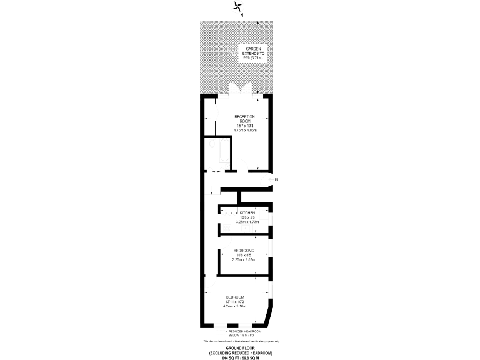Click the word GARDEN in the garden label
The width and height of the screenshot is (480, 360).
coord(253,48)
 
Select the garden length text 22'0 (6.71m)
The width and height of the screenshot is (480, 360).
coord(253,57)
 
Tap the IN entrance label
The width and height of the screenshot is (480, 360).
coord(276,180)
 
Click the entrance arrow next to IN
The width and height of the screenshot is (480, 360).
coord(270,180)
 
